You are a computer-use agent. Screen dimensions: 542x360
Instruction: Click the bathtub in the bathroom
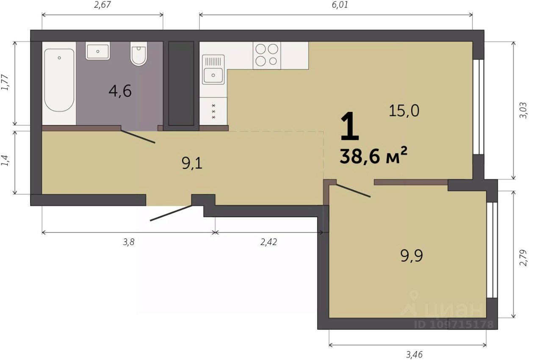[59, 80]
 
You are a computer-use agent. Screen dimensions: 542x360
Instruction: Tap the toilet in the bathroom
[138, 53]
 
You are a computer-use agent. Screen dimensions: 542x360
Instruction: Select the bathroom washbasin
[98, 51]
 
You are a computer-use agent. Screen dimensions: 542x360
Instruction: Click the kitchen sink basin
[213, 75]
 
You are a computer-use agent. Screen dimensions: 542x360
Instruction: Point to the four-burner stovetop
[267, 55]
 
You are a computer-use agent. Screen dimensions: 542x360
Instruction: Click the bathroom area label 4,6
[120, 91]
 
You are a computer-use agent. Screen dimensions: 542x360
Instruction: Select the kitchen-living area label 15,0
[404, 111]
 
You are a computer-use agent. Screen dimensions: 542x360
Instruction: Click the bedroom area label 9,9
[412, 255]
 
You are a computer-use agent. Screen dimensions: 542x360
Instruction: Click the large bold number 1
[349, 126]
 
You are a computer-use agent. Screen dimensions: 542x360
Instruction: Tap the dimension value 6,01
[340, 5]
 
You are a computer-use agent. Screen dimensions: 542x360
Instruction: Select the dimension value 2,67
[102, 5]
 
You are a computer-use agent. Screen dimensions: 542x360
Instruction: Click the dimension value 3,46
[414, 354]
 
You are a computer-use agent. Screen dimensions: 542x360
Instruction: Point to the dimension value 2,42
[268, 242]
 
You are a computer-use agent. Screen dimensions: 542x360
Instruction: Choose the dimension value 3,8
[128, 242]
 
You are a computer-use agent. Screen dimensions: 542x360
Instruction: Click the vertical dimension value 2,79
[523, 258]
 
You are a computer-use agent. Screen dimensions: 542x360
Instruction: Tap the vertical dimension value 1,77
[6, 83]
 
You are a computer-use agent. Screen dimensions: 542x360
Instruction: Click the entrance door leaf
[171, 213]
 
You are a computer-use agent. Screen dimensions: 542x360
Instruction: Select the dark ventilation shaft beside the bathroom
[181, 83]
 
